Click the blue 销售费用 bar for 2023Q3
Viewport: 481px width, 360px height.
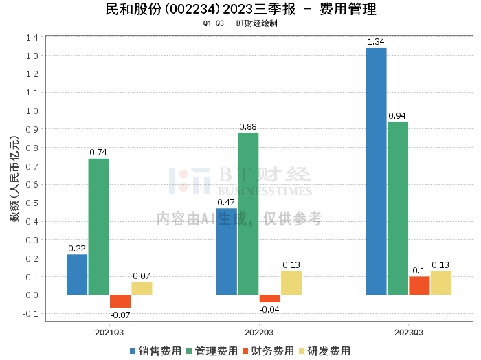pos(376,171)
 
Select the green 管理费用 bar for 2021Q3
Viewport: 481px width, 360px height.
pos(98,227)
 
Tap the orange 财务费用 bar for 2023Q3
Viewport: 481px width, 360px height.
pos(419,286)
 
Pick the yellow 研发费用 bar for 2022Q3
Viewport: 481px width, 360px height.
pos(291,283)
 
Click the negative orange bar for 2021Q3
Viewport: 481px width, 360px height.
pos(120,302)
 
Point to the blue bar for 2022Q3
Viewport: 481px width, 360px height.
pos(226,251)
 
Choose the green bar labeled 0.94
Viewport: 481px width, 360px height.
pos(398,208)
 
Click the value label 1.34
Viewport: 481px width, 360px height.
pos(376,42)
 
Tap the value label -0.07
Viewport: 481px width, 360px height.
pos(120,315)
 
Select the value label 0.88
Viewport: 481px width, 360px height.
pos(248,126)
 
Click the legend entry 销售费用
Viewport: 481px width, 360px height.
pos(155,350)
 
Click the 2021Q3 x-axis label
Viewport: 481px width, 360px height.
pos(109,332)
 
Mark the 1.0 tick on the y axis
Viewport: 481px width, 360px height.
pos(33,111)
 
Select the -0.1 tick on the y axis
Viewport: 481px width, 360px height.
pos(32,314)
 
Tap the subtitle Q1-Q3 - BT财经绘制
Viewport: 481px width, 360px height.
pos(240,23)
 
